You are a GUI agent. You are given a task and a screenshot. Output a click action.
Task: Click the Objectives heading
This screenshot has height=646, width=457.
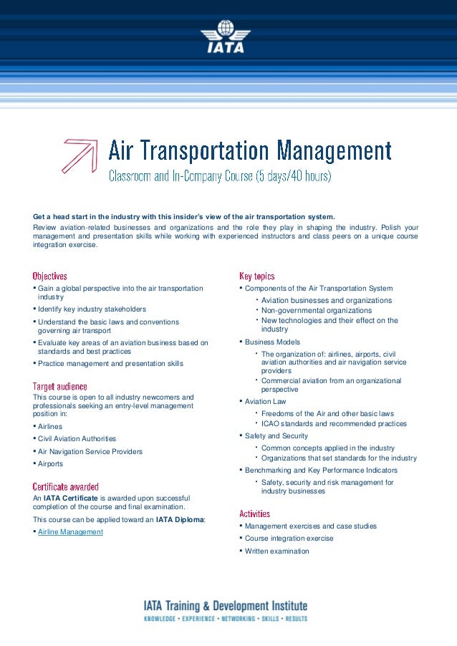tap(50, 276)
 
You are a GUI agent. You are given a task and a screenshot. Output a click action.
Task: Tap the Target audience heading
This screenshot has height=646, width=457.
tap(60, 387)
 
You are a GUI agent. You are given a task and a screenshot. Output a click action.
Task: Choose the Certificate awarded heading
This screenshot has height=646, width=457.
tap(66, 487)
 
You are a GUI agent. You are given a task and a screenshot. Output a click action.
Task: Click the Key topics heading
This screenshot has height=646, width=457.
tap(256, 276)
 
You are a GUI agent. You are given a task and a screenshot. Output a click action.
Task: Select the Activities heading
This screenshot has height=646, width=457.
tap(254, 514)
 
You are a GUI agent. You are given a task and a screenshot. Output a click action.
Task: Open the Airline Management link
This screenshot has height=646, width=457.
tap(70, 532)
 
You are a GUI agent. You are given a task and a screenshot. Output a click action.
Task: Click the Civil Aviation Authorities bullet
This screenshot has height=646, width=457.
tap(77, 439)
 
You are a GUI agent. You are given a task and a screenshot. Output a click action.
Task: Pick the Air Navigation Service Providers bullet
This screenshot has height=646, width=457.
tap(90, 452)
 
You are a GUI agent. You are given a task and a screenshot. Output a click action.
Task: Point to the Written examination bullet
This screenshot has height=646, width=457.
tap(277, 551)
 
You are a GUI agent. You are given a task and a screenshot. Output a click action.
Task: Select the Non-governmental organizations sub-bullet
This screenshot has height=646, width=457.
tap(317, 311)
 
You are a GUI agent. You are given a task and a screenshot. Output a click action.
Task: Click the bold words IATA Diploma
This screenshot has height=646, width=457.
tap(180, 520)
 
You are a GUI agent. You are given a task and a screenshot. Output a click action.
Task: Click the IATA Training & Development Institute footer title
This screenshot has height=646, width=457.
tap(226, 606)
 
